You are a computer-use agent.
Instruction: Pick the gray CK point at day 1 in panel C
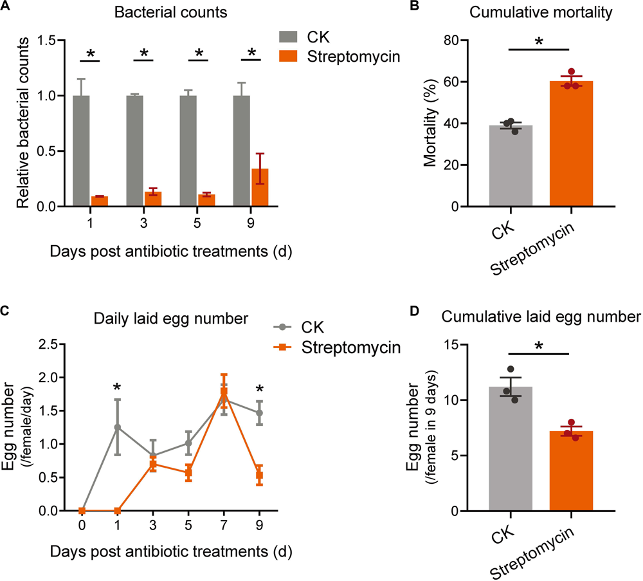click(x=117, y=427)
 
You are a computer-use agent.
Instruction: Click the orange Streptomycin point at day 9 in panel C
click(x=260, y=475)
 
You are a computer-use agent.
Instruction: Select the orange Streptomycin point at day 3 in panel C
click(x=153, y=464)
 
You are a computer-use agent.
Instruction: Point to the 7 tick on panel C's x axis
click(x=224, y=524)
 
